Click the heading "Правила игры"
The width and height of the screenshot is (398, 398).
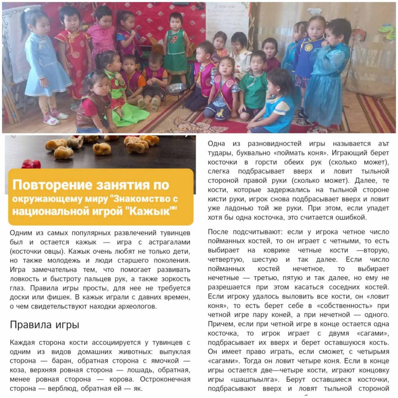tap(45, 325)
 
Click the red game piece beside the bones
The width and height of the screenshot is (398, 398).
tap(31, 164)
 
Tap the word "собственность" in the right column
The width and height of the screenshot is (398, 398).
tap(334, 305)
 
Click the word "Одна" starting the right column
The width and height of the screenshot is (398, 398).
tap(217, 144)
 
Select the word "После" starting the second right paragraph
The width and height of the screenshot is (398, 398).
tap(218, 232)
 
